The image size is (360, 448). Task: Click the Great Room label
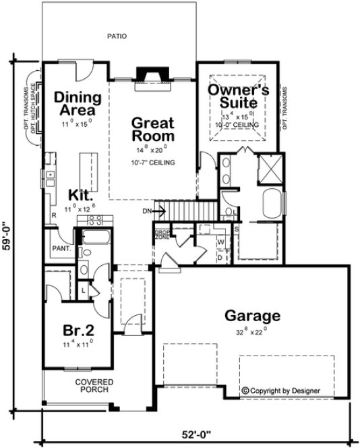pyautogui.click(x=152, y=130)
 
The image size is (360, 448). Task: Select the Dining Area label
pyautogui.click(x=78, y=103)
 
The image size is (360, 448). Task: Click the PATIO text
pyautogui.click(x=117, y=36)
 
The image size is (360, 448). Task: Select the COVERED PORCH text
pyautogui.click(x=93, y=386)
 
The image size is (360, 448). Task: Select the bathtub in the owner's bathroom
pyautogui.click(x=270, y=204)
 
